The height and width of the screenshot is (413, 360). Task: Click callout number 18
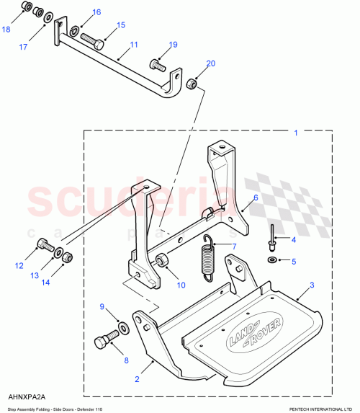coord(6,30)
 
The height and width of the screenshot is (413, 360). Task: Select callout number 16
coord(96,12)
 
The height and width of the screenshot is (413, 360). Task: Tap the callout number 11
coord(133,45)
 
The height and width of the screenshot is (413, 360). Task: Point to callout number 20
coord(210,63)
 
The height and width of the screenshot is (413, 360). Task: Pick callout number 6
coord(255,197)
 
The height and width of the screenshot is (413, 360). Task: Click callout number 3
coord(311,285)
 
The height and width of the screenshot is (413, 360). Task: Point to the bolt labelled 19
coord(158,64)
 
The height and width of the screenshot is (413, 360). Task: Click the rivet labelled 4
coord(273,234)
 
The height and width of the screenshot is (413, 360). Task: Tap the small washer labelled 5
coord(273,259)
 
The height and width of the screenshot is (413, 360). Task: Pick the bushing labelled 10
coord(162,260)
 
